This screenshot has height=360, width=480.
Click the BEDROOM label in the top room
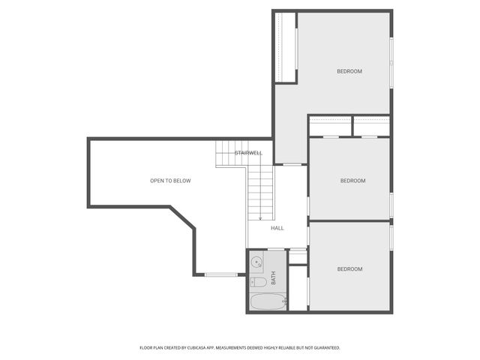point(349,71)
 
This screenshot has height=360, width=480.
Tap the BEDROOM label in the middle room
point(352,181)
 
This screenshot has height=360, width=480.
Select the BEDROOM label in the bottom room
point(349,269)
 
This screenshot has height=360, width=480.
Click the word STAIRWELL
point(248,153)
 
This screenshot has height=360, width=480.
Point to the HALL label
point(277,228)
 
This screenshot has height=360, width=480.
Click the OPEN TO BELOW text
point(170,181)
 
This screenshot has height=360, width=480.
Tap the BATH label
point(274,278)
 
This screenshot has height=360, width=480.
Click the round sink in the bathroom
point(256,262)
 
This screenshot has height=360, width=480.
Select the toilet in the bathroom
point(256,282)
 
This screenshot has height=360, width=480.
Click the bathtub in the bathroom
point(267,302)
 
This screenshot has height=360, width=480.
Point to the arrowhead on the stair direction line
point(260,218)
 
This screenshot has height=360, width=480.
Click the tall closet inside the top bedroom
point(286,47)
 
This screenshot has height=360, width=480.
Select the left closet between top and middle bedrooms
point(330,126)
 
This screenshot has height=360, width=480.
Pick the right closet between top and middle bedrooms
point(370,126)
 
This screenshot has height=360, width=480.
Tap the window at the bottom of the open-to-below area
point(220,274)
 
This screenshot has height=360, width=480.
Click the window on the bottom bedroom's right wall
point(391,235)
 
